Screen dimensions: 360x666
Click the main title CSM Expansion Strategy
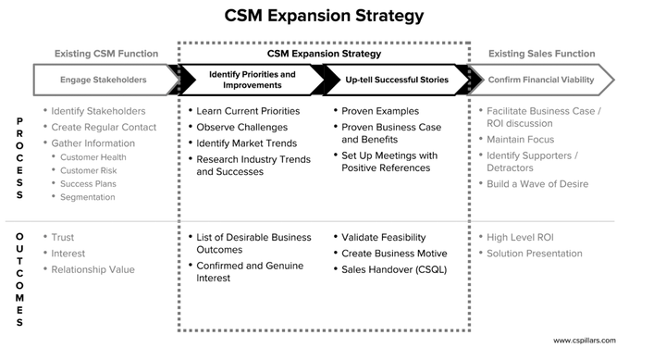tap(325, 16)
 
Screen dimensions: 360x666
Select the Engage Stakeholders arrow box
tap(104, 80)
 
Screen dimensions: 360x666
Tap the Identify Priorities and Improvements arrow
tap(252, 80)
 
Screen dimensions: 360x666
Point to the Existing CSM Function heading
tap(105, 54)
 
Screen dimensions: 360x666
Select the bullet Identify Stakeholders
tap(97, 111)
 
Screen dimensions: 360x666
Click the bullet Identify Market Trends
tap(247, 143)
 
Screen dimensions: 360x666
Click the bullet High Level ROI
tap(524, 238)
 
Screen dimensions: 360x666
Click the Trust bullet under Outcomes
tap(63, 238)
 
